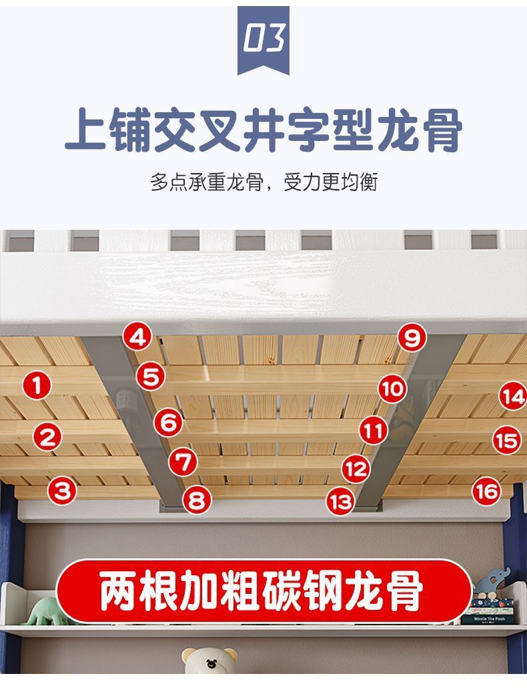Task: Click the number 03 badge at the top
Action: (x=263, y=40)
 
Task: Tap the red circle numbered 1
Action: (x=37, y=385)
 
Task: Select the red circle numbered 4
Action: (x=137, y=337)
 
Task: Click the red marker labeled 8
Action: (x=196, y=500)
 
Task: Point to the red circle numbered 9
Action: (x=412, y=338)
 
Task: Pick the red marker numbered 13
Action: (x=341, y=501)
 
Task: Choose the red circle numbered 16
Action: (x=487, y=492)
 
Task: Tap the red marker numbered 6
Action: (x=169, y=422)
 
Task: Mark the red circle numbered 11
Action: (x=373, y=431)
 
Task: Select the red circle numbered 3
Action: (x=62, y=492)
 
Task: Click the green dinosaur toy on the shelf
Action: (x=44, y=611)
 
